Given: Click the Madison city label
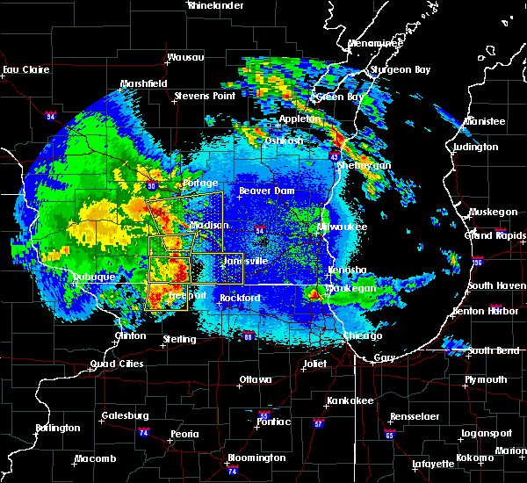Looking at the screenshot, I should tap(208, 226).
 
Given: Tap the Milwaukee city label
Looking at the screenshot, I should tap(343, 227).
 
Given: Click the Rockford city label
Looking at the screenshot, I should tap(240, 299).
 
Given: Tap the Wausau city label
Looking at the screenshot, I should tap(185, 57).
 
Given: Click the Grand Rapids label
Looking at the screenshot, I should tap(490, 235).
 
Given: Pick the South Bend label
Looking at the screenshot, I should tap(492, 350).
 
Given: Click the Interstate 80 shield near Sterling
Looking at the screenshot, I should tap(248, 335).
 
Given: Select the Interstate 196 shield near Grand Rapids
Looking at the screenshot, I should tap(502, 262).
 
